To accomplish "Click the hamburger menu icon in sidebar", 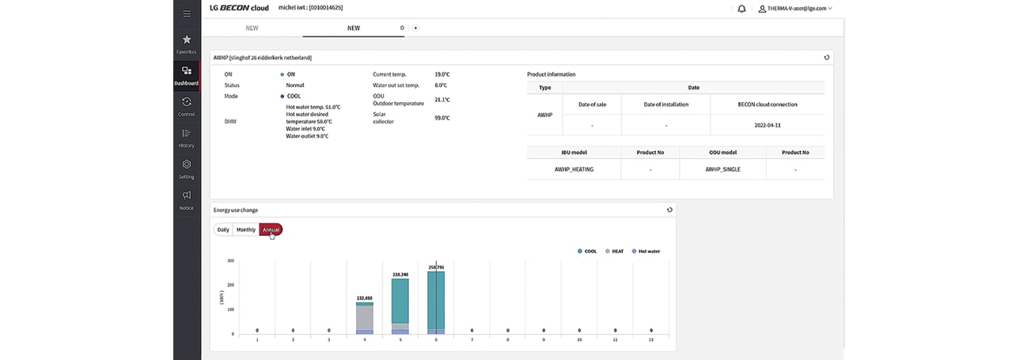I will tap(187, 13).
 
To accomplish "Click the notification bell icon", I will tap(741, 9).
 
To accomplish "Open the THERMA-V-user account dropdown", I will tap(795, 9).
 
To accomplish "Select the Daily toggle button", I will tap(223, 229).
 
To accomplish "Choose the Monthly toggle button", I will tap(246, 229).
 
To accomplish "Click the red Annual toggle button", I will tap(271, 229).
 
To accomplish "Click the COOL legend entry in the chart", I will tap(586, 251).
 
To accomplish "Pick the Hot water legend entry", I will tap(645, 251).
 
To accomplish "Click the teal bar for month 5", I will tap(400, 301).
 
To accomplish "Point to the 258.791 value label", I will tap(436, 267).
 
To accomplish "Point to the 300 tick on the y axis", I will tap(230, 260).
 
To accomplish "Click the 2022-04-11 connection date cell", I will tap(767, 125).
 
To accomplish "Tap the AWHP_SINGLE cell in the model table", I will tap(722, 169).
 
